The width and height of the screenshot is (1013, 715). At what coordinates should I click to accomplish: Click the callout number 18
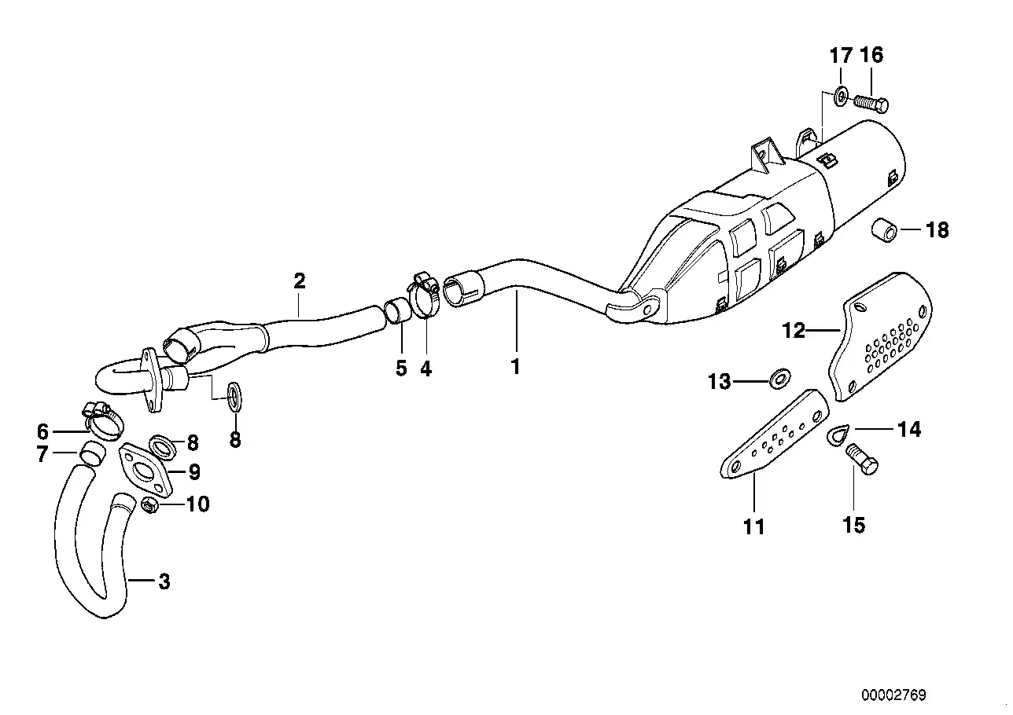pyautogui.click(x=937, y=230)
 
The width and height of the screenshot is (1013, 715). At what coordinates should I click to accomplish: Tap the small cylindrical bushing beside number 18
pyautogui.click(x=884, y=230)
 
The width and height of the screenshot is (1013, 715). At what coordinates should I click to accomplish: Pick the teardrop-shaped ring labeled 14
pyautogui.click(x=839, y=434)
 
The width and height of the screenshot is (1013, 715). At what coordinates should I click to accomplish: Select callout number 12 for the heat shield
pyautogui.click(x=794, y=331)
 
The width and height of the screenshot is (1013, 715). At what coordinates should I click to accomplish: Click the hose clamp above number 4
pyautogui.click(x=424, y=295)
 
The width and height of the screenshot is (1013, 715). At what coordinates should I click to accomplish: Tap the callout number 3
pyautogui.click(x=164, y=582)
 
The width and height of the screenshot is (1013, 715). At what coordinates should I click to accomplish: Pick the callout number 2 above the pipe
pyautogui.click(x=299, y=281)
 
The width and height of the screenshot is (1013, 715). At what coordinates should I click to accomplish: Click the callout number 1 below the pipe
pyautogui.click(x=516, y=365)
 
